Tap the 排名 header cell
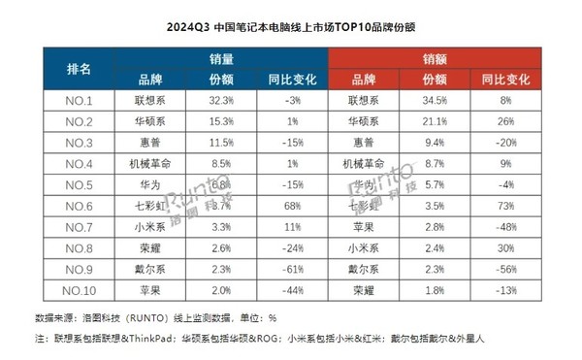(x=79, y=69)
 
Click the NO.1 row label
(x=79, y=100)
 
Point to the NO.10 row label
(x=79, y=290)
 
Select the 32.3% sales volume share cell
(x=221, y=100)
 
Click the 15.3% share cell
(x=221, y=121)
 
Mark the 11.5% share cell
(x=221, y=143)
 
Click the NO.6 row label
(x=79, y=206)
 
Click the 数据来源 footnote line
(x=156, y=317)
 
